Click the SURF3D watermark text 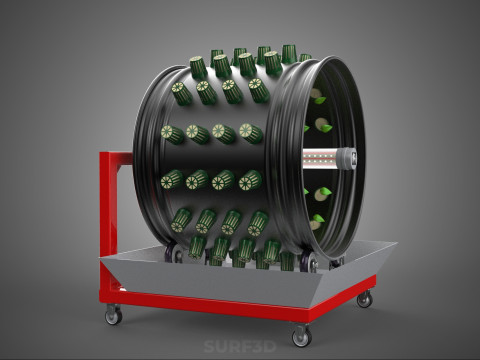click(x=240, y=347)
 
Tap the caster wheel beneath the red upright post click(x=113, y=315)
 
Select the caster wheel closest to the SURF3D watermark click(x=302, y=336)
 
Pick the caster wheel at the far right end click(x=364, y=298)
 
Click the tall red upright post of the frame click(x=109, y=222)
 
